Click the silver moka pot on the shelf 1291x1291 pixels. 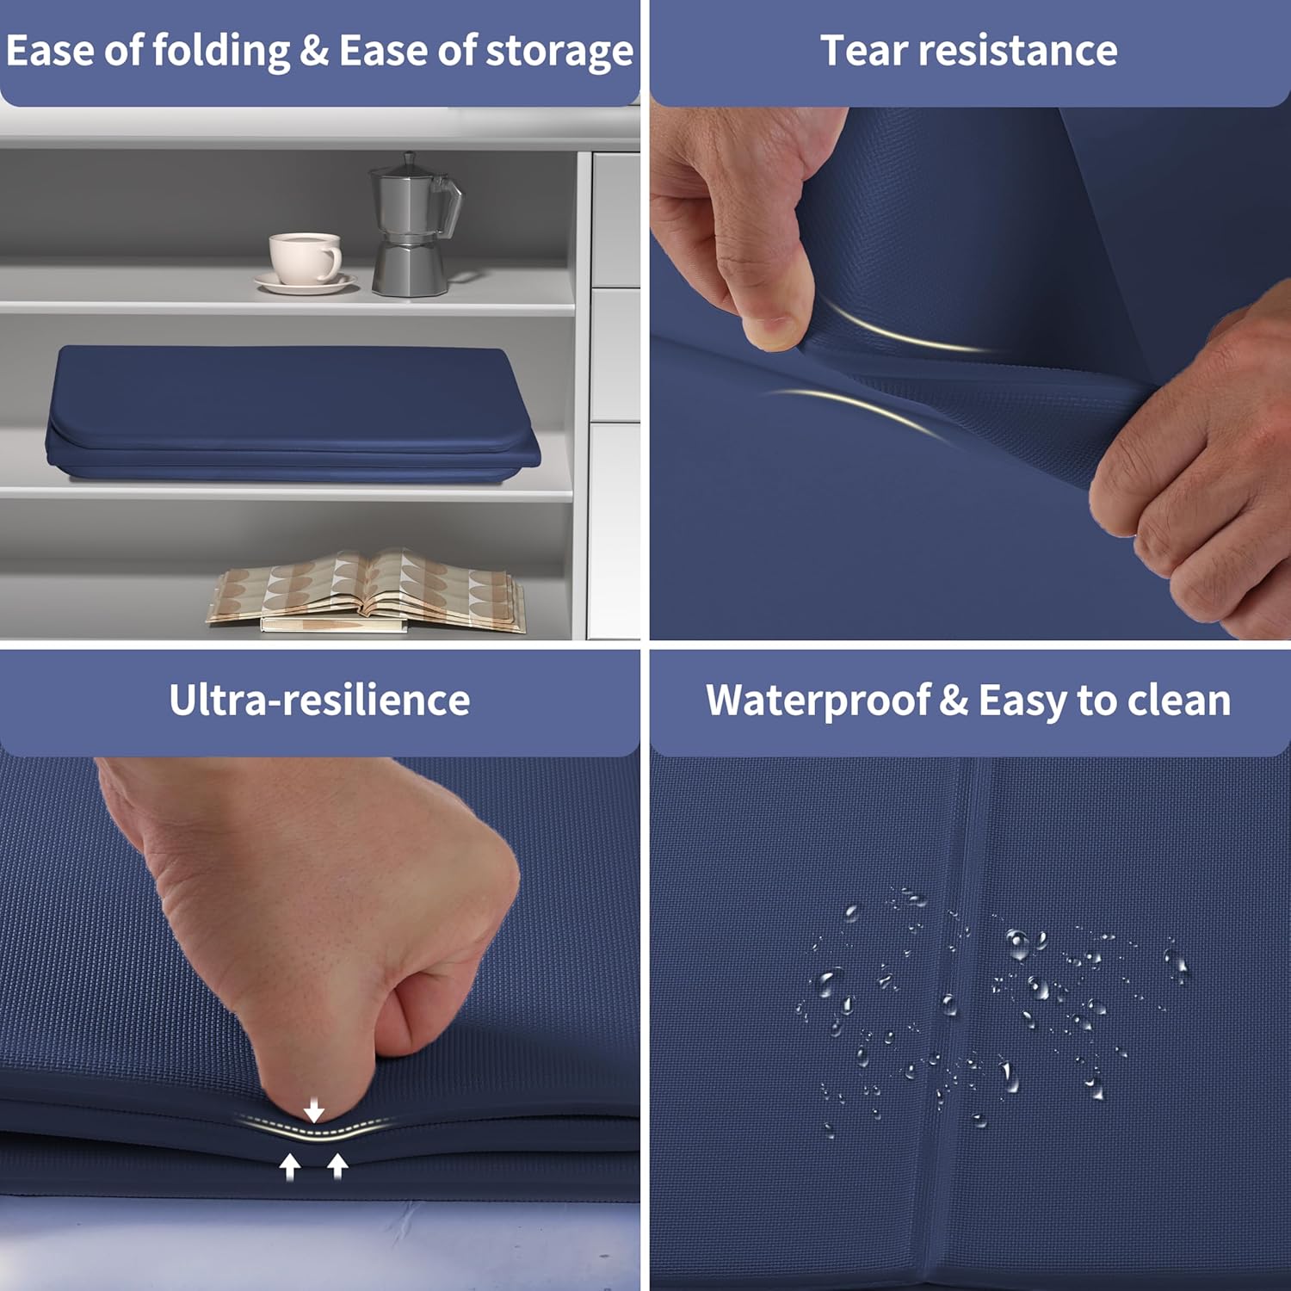(413, 225)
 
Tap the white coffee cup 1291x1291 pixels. (304, 257)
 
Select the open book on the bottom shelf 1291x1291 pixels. (366, 590)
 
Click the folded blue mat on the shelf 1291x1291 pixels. (293, 413)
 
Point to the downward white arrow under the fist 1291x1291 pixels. (314, 1110)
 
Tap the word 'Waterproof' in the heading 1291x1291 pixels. (818, 701)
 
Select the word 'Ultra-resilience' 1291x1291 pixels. (319, 701)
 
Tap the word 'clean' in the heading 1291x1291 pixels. (1179, 701)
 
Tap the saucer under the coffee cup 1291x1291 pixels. (306, 282)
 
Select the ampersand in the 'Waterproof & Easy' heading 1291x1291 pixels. (954, 701)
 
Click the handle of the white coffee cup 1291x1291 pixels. (332, 261)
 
